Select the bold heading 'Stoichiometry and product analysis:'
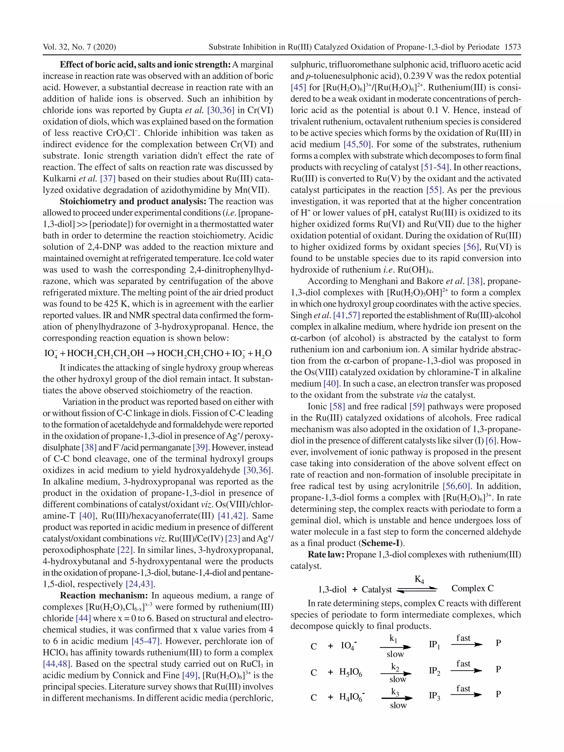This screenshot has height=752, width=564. (134, 201)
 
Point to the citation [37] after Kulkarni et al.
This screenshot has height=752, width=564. (108, 178)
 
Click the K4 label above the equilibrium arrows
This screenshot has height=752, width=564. (419, 579)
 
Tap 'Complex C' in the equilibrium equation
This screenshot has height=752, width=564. (473, 588)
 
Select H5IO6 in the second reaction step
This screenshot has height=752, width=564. (350, 672)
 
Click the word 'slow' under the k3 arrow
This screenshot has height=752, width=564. (398, 705)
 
